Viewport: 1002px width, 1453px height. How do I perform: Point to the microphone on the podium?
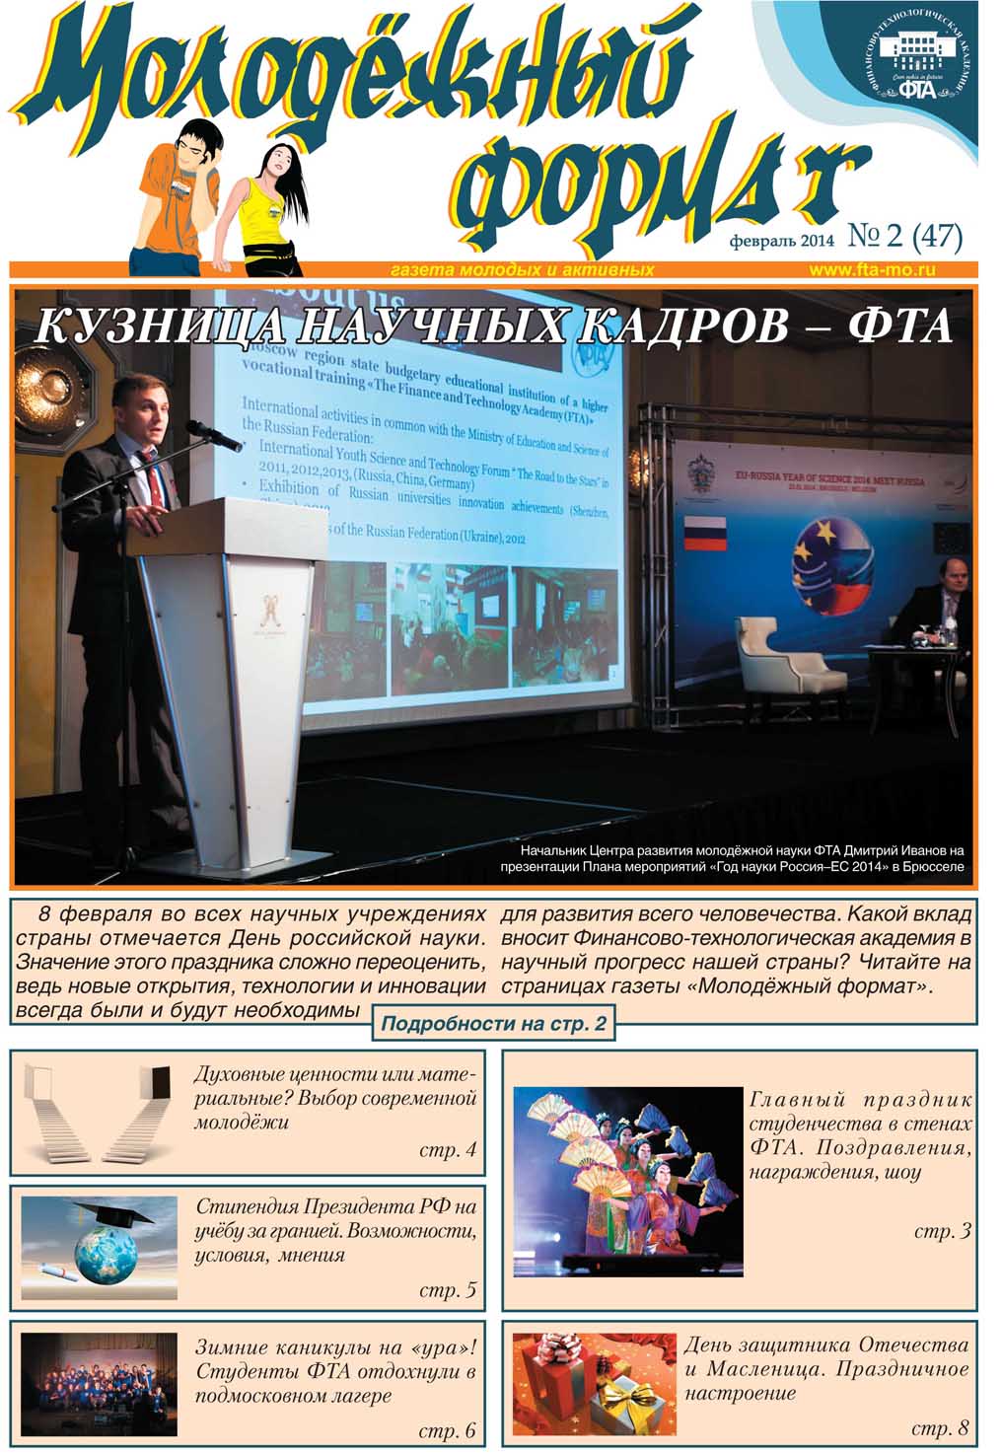(x=211, y=433)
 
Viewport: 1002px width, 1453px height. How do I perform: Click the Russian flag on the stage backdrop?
(x=704, y=533)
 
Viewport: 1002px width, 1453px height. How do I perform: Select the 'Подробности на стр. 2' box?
(x=492, y=1024)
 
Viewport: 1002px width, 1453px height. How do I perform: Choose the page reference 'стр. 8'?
(x=940, y=1428)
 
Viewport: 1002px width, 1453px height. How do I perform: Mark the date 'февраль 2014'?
(x=781, y=240)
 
